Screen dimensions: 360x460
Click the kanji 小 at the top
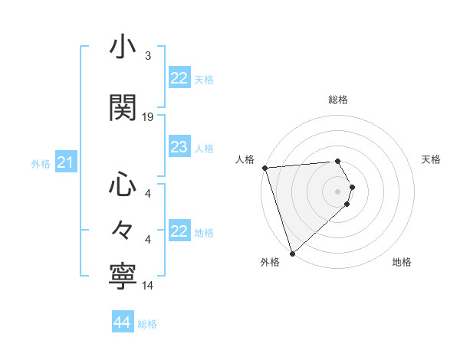pyautogui.click(x=123, y=47)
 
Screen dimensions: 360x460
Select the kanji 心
pyautogui.click(x=123, y=185)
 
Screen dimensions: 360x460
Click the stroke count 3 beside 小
pyautogui.click(x=147, y=56)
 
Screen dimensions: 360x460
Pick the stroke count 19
pyautogui.click(x=148, y=116)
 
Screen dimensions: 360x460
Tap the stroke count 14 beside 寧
pyautogui.click(x=148, y=286)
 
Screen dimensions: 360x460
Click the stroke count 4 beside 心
pyautogui.click(x=148, y=194)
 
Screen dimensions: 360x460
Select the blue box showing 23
pyautogui.click(x=179, y=148)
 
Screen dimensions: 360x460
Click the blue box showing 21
pyautogui.click(x=65, y=162)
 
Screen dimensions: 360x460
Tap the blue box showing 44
pyautogui.click(x=122, y=322)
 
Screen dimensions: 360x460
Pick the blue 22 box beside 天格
pyautogui.click(x=179, y=78)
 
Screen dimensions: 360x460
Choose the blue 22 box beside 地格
pyautogui.click(x=179, y=231)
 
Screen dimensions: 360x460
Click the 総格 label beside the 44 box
pyautogui.click(x=147, y=324)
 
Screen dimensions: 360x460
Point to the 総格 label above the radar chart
pyautogui.click(x=338, y=100)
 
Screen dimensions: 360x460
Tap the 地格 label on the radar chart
pyautogui.click(x=402, y=263)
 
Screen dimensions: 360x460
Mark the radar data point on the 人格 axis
pyautogui.click(x=264, y=168)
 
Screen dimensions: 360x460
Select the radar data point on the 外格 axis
pyautogui.click(x=292, y=253)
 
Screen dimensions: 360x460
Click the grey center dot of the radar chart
pyautogui.click(x=338, y=191)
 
